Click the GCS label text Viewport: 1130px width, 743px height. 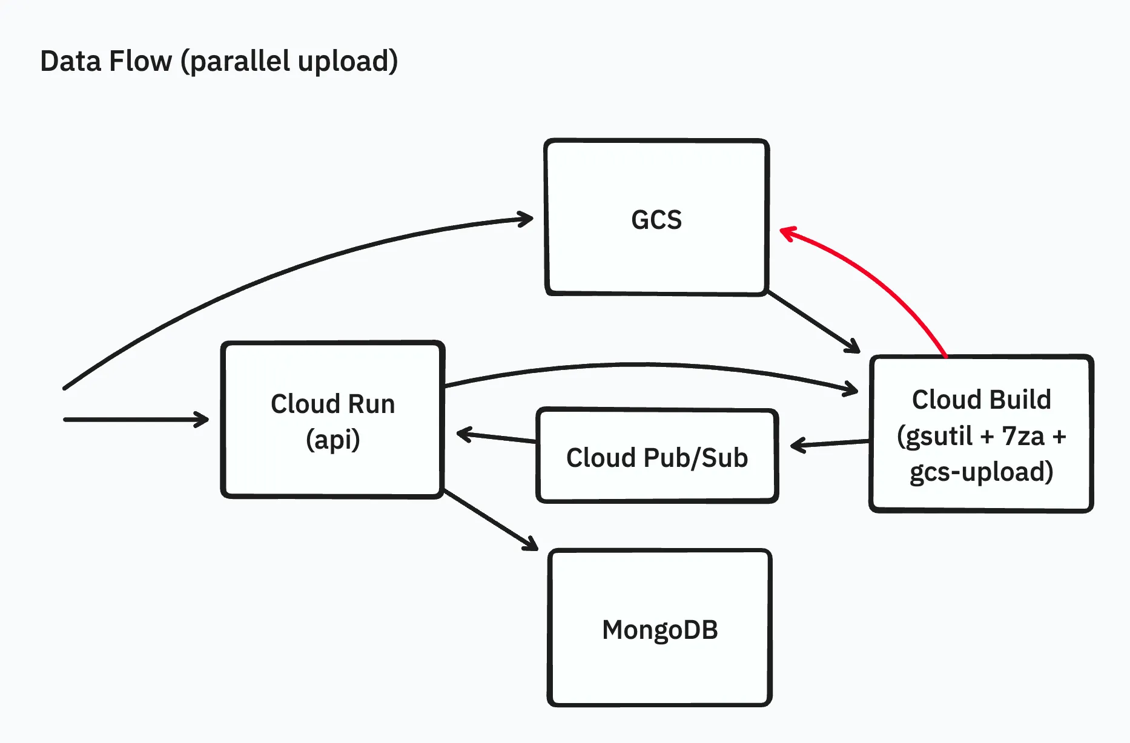click(x=656, y=220)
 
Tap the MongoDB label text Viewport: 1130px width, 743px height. click(x=659, y=630)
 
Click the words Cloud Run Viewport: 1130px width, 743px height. click(x=332, y=404)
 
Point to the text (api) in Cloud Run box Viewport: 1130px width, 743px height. click(x=332, y=440)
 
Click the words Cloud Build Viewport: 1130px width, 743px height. click(x=981, y=400)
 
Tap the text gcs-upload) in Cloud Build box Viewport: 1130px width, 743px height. click(x=981, y=472)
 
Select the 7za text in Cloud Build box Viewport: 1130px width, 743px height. click(x=1023, y=436)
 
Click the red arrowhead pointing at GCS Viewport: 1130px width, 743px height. click(x=785, y=233)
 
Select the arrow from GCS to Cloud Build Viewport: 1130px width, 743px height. click(x=811, y=321)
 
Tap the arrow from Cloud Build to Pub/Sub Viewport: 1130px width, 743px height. click(x=830, y=444)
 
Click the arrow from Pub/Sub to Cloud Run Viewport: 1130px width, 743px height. click(x=497, y=437)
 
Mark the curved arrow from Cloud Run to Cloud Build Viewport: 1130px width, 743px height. click(x=648, y=365)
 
